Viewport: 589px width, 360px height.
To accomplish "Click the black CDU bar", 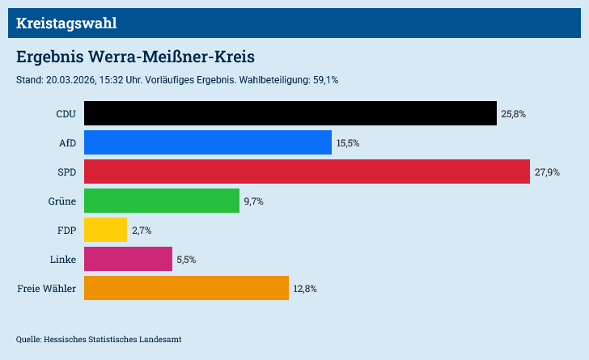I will coord(290,113).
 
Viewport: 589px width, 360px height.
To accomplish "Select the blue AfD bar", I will coord(208,142).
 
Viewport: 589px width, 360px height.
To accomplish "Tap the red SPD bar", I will coord(307,172).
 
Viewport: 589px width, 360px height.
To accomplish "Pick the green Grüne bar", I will coord(162,201).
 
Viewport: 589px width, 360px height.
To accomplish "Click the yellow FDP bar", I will coord(105,230).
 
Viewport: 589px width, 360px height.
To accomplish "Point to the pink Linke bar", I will coord(128,259).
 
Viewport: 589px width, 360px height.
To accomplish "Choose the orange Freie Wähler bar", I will coord(186,288).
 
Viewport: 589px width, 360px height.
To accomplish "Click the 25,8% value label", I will coord(514,114).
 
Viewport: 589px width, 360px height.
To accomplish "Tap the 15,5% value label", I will coord(348,143).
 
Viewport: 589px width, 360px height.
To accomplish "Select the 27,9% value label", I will coord(547,172).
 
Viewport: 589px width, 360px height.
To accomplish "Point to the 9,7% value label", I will coord(254,201).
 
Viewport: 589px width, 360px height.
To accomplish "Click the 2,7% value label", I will coord(142,231).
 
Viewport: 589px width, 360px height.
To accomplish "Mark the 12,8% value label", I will coord(305,289).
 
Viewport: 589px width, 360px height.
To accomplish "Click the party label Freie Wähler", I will coord(46,288).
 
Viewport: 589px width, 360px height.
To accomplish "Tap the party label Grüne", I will coord(61,201).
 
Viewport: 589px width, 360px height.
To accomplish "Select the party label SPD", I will coord(66,172).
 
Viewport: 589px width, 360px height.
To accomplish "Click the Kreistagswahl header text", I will coord(66,23).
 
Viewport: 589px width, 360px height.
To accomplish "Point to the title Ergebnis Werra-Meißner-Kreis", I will coord(136,57).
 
